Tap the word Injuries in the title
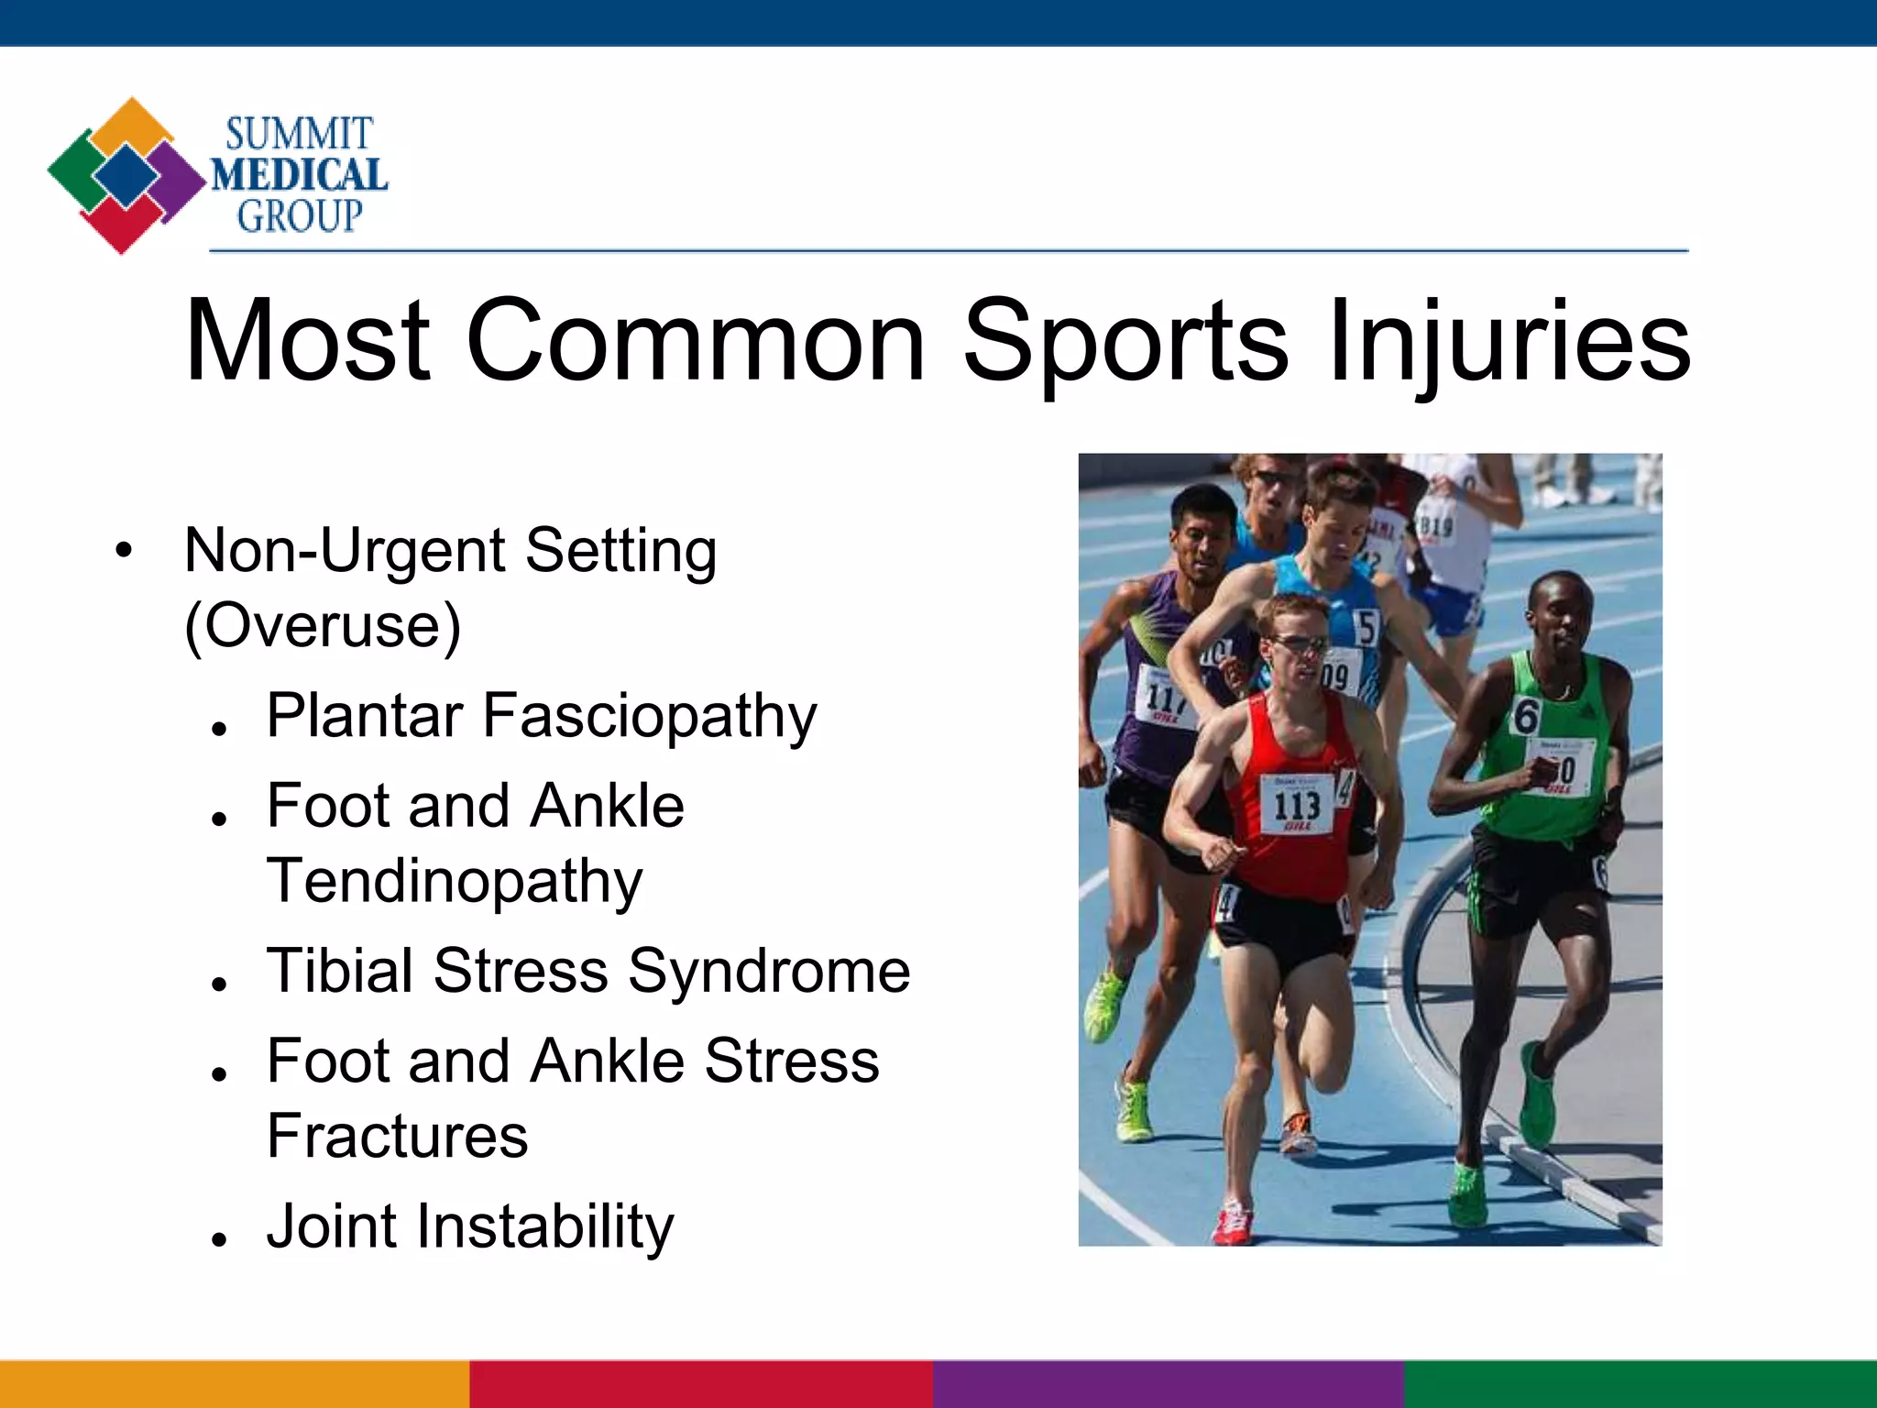click(x=1508, y=341)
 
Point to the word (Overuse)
click(x=323, y=626)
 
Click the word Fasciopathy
click(x=649, y=716)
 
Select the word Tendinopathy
click(x=455, y=881)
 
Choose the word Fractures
click(x=397, y=1136)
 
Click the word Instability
click(x=545, y=1226)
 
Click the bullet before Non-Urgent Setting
click(x=124, y=551)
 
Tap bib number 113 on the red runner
click(x=1296, y=806)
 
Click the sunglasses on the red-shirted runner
click(x=1297, y=644)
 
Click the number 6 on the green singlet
click(x=1525, y=716)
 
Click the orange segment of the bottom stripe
click(x=234, y=1384)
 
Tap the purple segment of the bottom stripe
click(x=1169, y=1384)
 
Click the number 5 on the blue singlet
click(x=1367, y=629)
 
